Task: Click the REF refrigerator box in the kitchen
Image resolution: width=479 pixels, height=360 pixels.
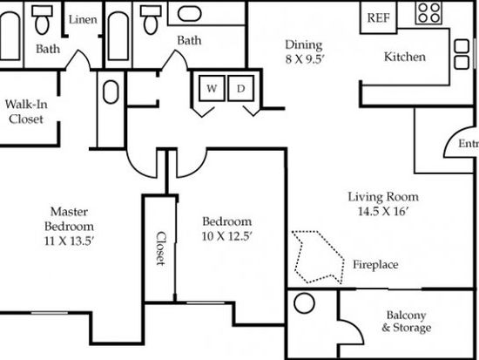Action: [379, 17]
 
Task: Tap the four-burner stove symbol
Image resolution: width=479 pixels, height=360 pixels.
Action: [429, 13]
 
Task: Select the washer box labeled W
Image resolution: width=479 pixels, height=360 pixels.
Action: [212, 88]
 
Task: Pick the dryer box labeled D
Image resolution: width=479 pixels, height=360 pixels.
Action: [240, 88]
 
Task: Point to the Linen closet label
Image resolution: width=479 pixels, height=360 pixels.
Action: [83, 19]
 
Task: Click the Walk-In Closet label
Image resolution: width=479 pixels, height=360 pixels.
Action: [26, 112]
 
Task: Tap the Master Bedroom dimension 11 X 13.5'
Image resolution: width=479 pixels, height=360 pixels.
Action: [69, 241]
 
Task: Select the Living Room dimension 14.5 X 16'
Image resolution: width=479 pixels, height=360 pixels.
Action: [383, 211]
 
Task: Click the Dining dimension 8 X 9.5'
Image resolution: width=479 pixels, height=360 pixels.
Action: [304, 59]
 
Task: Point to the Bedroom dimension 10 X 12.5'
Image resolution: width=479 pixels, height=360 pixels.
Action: [227, 236]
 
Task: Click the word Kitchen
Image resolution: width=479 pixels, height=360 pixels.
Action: [405, 57]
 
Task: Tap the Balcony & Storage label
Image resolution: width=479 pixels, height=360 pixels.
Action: [407, 322]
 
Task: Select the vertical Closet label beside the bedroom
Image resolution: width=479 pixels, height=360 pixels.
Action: [161, 248]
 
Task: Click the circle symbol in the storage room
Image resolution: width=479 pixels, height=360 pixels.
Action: [304, 303]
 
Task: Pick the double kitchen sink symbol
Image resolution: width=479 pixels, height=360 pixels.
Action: [462, 54]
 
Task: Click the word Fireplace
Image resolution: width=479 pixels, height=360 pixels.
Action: [375, 265]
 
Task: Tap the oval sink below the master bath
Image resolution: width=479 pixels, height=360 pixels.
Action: [111, 92]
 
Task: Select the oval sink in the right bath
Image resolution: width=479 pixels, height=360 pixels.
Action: [189, 14]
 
